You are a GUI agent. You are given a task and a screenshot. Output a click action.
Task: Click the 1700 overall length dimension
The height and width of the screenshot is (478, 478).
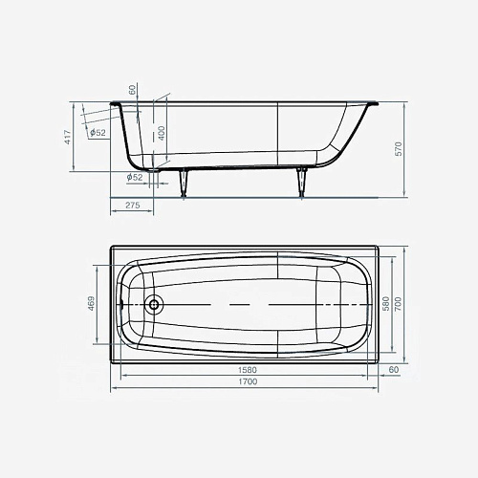248,381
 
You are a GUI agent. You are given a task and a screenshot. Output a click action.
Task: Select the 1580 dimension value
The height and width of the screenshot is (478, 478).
248,370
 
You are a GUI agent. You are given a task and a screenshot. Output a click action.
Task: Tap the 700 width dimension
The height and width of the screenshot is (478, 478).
399,304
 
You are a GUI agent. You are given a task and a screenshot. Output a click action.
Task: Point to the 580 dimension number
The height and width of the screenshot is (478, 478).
386,304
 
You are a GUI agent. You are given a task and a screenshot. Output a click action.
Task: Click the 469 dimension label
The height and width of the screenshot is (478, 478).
92,303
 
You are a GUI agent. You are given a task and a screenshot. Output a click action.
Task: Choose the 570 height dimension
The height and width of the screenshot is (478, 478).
399,149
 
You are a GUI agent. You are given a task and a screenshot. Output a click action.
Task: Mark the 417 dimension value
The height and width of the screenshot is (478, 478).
68,137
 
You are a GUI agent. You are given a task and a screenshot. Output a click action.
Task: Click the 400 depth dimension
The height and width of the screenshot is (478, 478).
162,133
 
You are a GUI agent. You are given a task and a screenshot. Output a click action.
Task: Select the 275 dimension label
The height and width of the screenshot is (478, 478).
133,206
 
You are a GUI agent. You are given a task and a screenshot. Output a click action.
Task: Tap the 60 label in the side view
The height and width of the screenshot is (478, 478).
132,90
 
